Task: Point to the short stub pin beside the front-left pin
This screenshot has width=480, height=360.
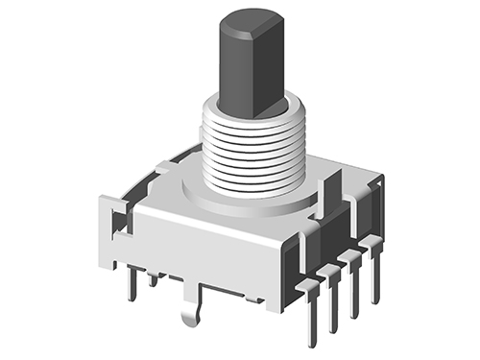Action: tap(153, 279)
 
